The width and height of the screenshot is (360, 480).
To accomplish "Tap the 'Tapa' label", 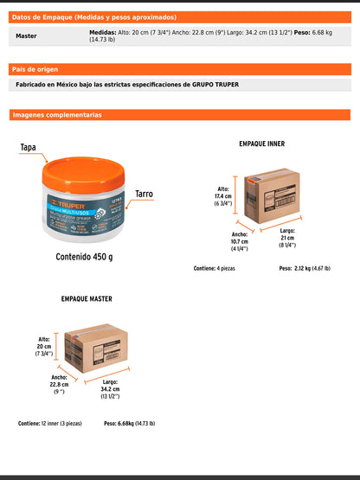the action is click(x=29, y=148).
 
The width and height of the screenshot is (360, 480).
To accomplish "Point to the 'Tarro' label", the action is click(x=144, y=195).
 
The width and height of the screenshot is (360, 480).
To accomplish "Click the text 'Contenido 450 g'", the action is click(x=84, y=257).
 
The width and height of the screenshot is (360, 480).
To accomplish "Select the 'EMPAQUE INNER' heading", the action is click(x=261, y=144).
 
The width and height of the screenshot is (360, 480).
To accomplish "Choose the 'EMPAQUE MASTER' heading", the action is click(x=86, y=299).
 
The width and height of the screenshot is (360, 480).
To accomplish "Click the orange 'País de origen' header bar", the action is click(x=179, y=68).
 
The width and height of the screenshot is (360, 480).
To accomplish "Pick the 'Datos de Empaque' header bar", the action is click(x=179, y=16).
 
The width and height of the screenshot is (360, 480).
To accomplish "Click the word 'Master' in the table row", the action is click(x=26, y=36).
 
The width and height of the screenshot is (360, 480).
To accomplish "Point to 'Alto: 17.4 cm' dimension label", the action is click(x=223, y=196).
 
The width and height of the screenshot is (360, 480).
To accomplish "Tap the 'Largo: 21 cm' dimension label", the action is click(x=288, y=238).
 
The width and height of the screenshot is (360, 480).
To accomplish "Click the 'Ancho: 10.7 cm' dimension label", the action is click(x=240, y=241).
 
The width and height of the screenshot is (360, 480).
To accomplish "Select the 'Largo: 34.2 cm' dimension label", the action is click(x=110, y=389).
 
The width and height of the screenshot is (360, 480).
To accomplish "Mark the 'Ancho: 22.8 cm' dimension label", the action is click(x=59, y=385).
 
